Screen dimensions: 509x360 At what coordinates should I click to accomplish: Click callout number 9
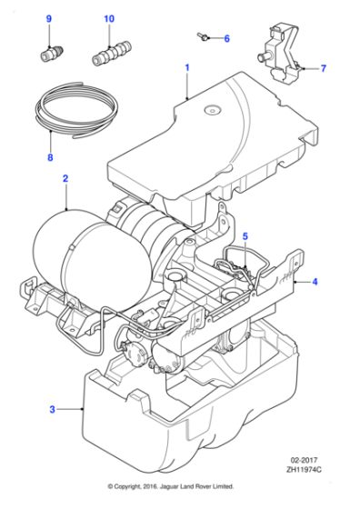pyautogui.click(x=49, y=19)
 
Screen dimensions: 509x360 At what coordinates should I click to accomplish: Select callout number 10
pyautogui.click(x=109, y=19)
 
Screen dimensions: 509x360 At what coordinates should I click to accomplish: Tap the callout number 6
pyautogui.click(x=226, y=39)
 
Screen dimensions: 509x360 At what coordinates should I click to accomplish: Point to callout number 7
pyautogui.click(x=323, y=68)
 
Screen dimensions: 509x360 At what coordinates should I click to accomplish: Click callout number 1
pyautogui.click(x=187, y=67)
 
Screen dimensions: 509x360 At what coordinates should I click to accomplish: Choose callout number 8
pyautogui.click(x=49, y=156)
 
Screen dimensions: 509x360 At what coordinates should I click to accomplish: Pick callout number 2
pyautogui.click(x=65, y=179)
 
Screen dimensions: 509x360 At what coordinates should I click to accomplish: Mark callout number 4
pyautogui.click(x=315, y=282)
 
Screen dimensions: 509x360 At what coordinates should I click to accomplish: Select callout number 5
pyautogui.click(x=245, y=237)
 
